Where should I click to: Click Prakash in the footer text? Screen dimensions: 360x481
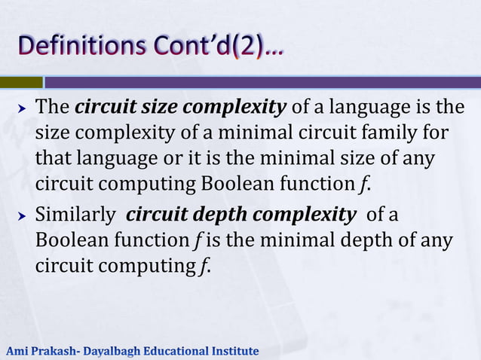pos(54,351)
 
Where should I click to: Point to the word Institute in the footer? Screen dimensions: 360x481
pos(237,351)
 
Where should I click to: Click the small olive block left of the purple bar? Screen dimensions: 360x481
pos(21,82)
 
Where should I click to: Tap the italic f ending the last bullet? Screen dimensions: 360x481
pos(204,267)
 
